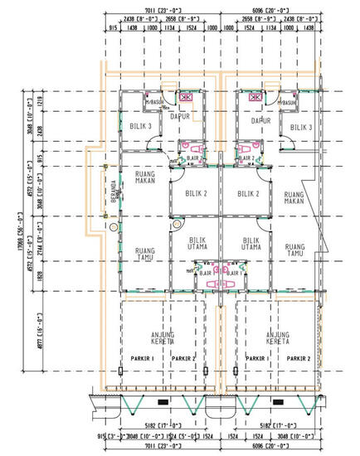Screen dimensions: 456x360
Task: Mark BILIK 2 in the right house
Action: pyautogui.click(x=248, y=194)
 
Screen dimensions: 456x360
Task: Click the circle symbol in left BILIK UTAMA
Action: pyautogui.click(x=176, y=225)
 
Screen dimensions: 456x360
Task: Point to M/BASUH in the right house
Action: pyautogui.click(x=289, y=103)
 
